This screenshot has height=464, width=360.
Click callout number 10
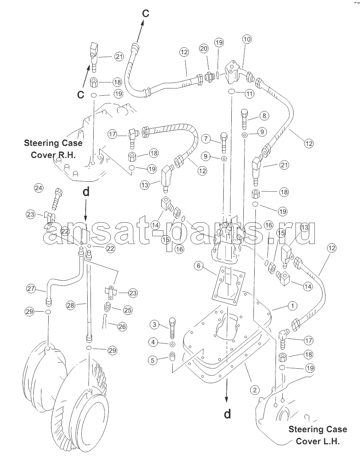coord(247,39)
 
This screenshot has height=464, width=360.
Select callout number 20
coord(204,48)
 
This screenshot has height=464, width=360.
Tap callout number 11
coord(249,94)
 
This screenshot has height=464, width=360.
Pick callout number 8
coord(264,115)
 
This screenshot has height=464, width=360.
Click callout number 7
coord(207,138)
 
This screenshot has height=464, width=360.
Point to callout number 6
coord(199,266)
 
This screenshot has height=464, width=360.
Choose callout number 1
coord(292,306)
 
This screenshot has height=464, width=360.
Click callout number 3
coord(154,324)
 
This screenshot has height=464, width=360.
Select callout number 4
coord(153,343)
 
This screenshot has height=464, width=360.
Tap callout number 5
coord(153,360)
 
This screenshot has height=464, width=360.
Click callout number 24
coord(39,188)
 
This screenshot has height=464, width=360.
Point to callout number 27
coord(31,288)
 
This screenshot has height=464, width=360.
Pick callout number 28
coord(70,306)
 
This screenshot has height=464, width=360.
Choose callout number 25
coord(128,310)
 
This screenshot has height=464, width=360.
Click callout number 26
coord(122,327)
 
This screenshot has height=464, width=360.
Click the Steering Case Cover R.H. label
coord(53,149)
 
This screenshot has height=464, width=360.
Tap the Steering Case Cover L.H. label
coord(318,435)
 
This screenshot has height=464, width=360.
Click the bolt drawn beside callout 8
coord(245,119)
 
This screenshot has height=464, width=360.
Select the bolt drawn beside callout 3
coord(172,328)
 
